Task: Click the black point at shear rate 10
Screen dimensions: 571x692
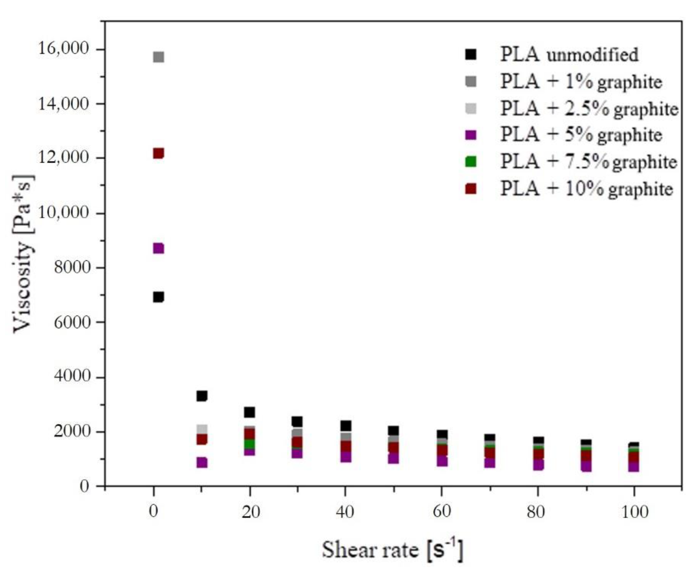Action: click(201, 396)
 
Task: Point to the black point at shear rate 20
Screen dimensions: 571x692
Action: click(249, 412)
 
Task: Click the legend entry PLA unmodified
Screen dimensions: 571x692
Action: click(569, 54)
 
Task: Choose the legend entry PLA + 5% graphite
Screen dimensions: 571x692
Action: click(581, 135)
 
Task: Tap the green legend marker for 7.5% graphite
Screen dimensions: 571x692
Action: click(471, 161)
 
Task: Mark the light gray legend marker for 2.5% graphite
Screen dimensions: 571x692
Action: click(471, 108)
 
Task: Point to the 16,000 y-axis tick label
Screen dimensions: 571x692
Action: click(64, 49)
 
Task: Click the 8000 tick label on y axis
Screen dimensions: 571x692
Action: click(72, 268)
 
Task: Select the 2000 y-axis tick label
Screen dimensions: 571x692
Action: click(72, 431)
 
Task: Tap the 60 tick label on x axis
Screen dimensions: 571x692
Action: click(441, 511)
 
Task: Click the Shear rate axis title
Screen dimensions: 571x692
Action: click(393, 549)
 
